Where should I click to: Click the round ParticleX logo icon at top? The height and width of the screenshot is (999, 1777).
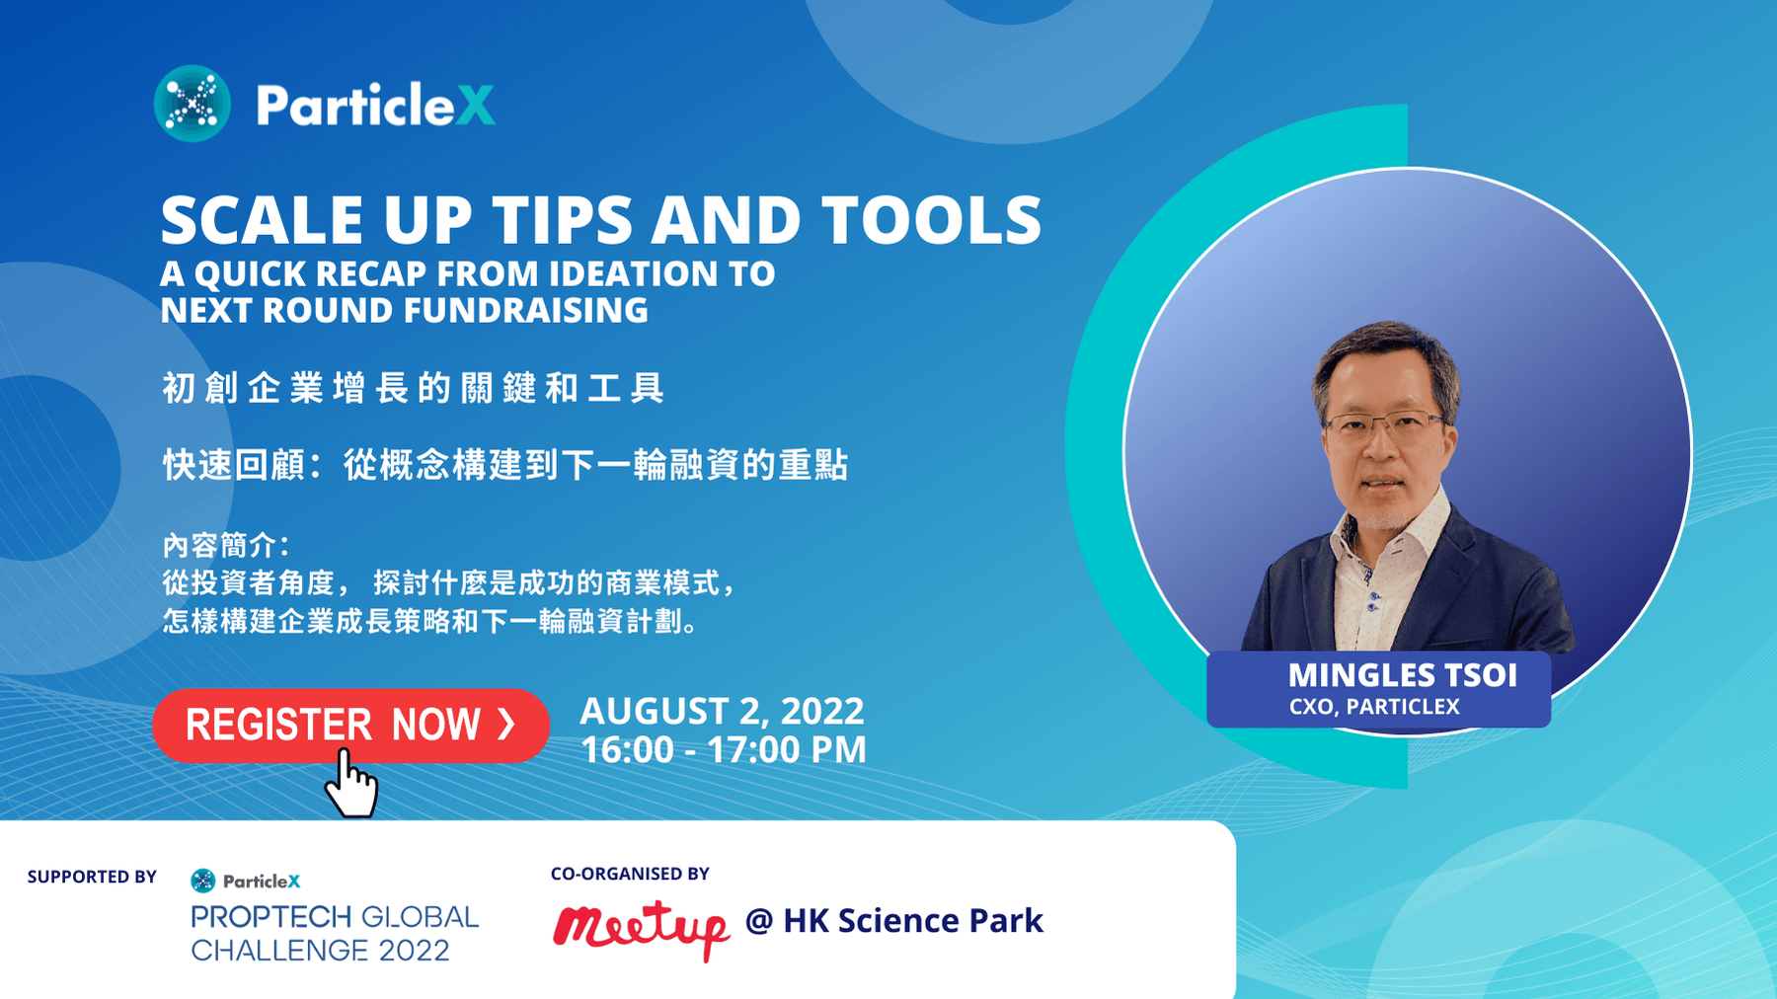193,104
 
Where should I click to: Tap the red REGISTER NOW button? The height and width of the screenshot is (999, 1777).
350,726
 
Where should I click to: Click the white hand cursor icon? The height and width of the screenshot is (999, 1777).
351,784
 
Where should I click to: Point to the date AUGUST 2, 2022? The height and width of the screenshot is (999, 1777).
722,711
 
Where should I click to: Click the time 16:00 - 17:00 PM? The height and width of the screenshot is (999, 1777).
724,750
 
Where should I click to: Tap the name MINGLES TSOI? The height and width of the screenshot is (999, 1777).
1403,675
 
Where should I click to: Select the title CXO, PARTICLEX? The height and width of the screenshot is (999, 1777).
1374,707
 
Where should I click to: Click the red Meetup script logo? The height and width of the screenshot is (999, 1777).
641,928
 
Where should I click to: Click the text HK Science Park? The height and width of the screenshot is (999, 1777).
913,921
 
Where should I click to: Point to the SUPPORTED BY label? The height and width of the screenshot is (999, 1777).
92,877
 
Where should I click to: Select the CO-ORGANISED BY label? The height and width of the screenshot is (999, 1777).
630,874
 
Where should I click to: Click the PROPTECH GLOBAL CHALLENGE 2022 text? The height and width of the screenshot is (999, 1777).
335,934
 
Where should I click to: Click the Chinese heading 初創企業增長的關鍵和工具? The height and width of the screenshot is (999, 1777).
414,388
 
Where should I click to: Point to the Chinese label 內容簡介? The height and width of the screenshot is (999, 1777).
224,545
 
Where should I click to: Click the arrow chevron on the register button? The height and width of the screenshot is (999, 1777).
506,724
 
